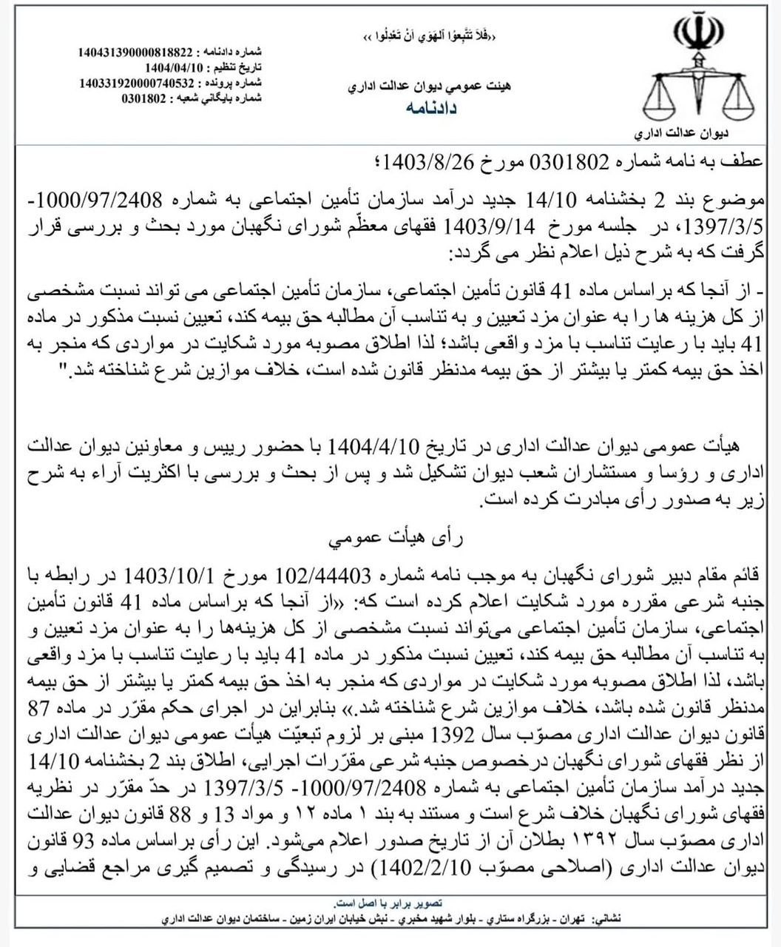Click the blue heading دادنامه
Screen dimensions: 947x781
[x=432, y=108]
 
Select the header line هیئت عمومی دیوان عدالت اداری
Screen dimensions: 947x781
[x=430, y=87]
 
